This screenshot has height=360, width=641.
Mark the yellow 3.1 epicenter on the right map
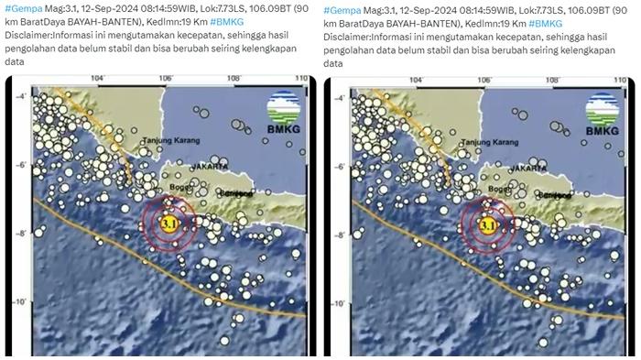tap(486, 223)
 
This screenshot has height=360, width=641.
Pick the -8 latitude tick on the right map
tap(339, 235)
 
